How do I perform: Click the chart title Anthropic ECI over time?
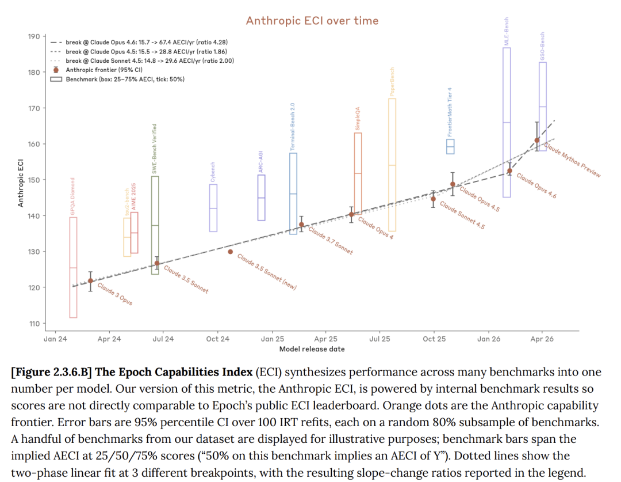click(312, 21)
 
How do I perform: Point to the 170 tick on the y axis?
click(33, 108)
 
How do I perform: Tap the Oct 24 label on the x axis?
click(217, 339)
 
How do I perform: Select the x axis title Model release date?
click(312, 349)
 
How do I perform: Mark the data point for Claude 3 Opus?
click(90, 281)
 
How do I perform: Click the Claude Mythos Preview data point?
click(537, 140)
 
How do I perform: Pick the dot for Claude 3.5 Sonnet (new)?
click(231, 252)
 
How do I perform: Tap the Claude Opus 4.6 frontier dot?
click(509, 171)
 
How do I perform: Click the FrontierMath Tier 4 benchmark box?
click(450, 147)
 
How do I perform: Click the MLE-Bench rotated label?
click(507, 32)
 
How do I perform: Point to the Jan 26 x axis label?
click(488, 339)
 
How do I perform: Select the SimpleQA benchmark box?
click(358, 173)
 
